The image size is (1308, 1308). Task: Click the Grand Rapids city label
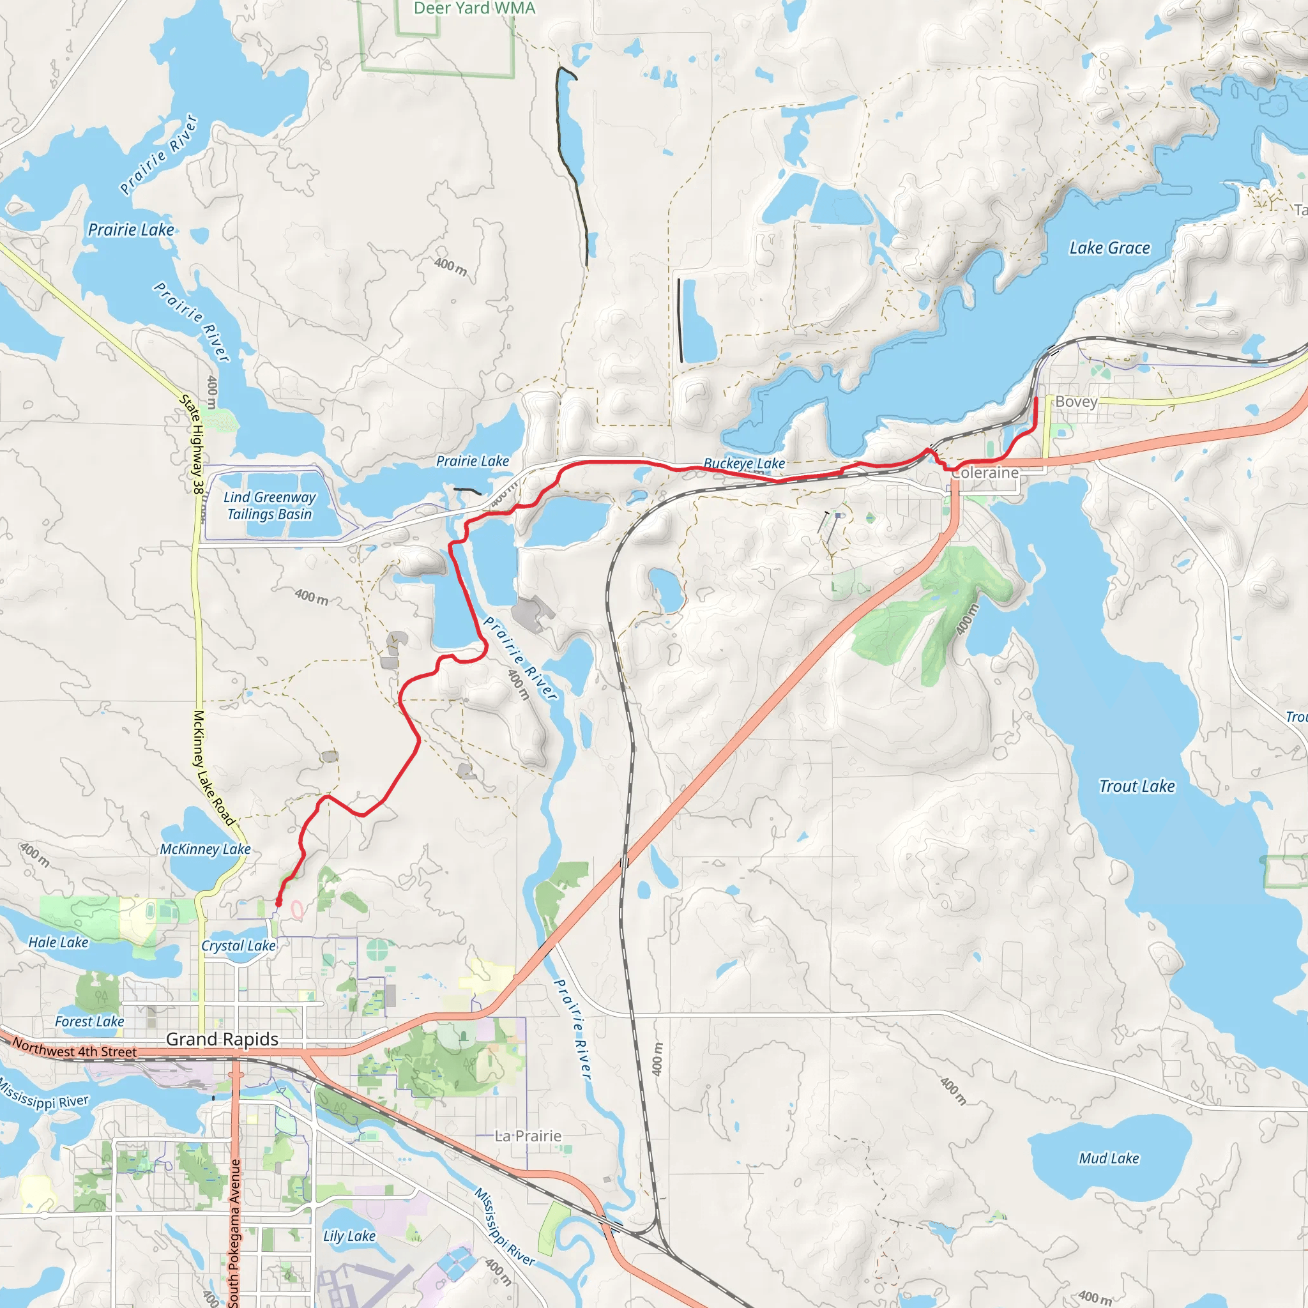222,1038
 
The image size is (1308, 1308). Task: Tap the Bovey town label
1076,402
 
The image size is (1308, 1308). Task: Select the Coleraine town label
984,473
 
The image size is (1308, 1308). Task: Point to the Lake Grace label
1109,248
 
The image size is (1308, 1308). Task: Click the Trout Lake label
1137,786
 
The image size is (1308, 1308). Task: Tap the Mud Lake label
1109,1159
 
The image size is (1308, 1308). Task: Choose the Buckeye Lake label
744,464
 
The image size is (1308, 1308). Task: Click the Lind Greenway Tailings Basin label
270,506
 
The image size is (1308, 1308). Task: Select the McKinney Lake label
205,849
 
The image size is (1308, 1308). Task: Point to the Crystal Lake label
238,946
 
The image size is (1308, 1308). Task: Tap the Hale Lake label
58,943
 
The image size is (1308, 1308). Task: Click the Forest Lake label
89,1022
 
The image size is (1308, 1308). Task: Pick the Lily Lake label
349,1236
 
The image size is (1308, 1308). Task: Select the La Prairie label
528,1136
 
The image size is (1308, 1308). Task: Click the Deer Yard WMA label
474,8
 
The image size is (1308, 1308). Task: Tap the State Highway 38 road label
192,443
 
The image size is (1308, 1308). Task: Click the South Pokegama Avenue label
234,1232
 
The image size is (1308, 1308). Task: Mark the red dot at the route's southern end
278,902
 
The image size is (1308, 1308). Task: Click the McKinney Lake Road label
213,768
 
